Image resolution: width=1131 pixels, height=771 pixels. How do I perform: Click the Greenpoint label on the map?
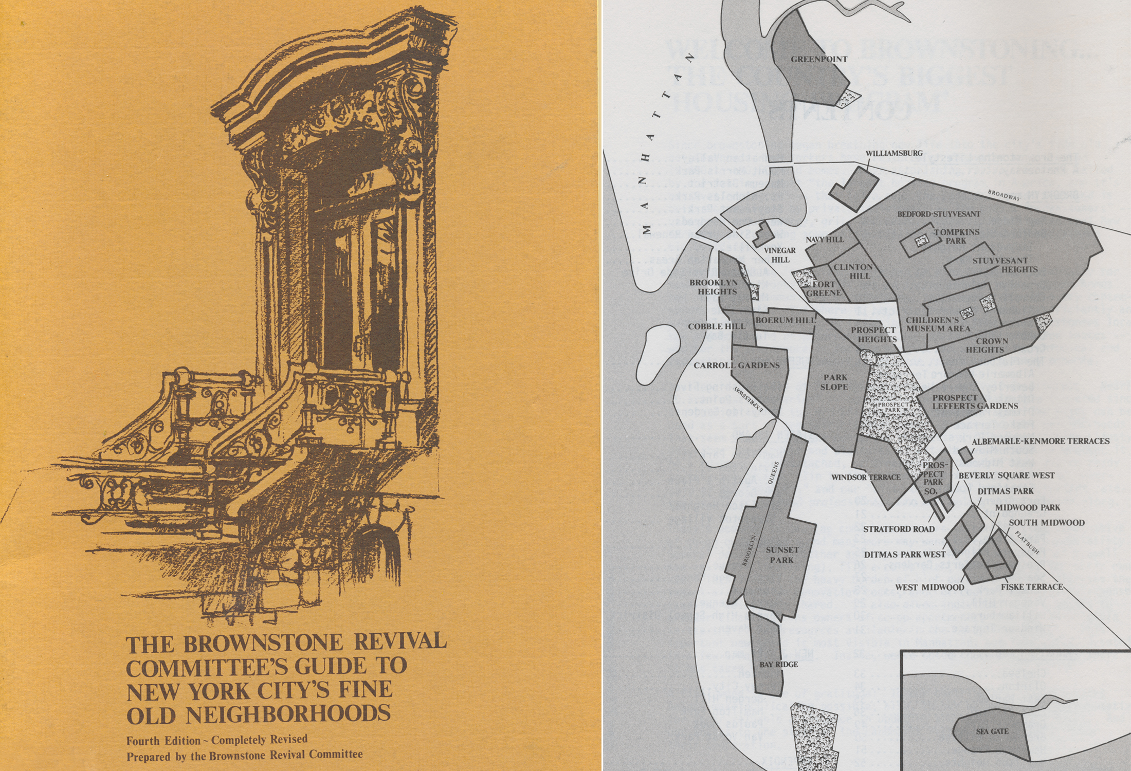pos(819,59)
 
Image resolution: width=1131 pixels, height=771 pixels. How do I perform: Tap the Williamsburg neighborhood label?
pos(893,153)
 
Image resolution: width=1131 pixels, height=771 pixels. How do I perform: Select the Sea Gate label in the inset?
pos(992,731)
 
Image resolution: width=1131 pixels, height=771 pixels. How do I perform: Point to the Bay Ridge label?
pos(778,665)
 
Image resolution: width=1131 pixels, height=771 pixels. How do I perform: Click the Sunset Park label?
pos(782,555)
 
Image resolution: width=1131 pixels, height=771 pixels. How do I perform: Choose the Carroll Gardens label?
pos(736,365)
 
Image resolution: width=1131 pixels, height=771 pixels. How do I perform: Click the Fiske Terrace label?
pos(1031,586)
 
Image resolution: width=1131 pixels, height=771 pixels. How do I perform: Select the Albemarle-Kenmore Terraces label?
pos(1040,441)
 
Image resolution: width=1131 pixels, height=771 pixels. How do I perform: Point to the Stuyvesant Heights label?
pos(1005,265)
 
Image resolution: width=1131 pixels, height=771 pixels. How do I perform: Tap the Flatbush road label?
pos(1027,542)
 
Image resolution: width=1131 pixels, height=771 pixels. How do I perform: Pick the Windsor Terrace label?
pos(866,477)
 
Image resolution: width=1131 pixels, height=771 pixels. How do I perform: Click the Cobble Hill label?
pos(716,326)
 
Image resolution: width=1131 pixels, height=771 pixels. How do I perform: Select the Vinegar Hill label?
pos(780,255)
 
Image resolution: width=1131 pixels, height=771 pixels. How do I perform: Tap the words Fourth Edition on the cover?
pos(163,741)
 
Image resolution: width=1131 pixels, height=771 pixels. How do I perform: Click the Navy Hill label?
pos(825,240)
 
